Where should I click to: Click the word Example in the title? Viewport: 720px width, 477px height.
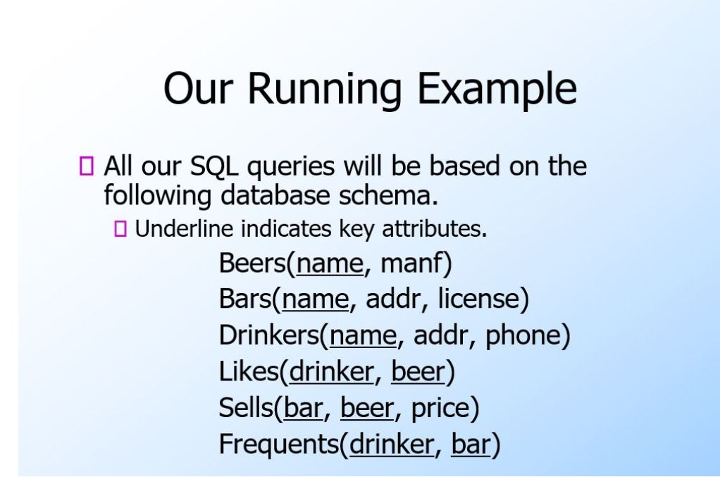coord(497,90)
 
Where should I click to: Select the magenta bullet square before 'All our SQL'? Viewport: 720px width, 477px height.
coord(87,167)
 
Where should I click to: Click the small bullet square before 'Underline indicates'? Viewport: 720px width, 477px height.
coord(119,228)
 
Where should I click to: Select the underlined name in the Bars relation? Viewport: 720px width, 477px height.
coord(315,299)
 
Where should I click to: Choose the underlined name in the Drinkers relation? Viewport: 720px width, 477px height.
coord(363,335)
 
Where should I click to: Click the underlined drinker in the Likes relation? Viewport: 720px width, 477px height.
coord(330,371)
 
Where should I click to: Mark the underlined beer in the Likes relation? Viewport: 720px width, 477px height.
coord(418,371)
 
